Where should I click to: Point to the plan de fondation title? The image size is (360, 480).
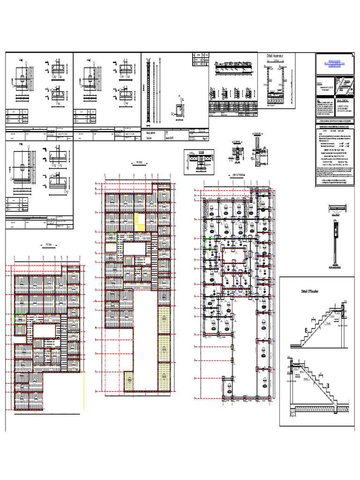[x=240, y=175]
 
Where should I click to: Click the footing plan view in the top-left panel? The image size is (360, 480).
[x=22, y=80]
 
